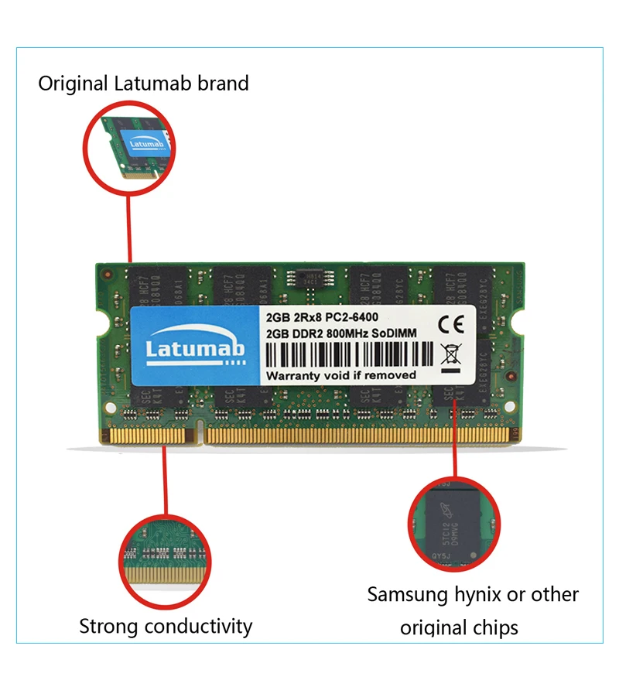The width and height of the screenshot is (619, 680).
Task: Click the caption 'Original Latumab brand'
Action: [144, 83]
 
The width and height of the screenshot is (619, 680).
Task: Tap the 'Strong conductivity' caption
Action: [166, 626]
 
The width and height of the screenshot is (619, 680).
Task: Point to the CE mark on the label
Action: [450, 323]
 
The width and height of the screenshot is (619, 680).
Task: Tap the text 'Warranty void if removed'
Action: [341, 375]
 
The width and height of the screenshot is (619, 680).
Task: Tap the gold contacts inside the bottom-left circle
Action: [164, 576]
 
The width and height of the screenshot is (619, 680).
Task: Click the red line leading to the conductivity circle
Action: [164, 480]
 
